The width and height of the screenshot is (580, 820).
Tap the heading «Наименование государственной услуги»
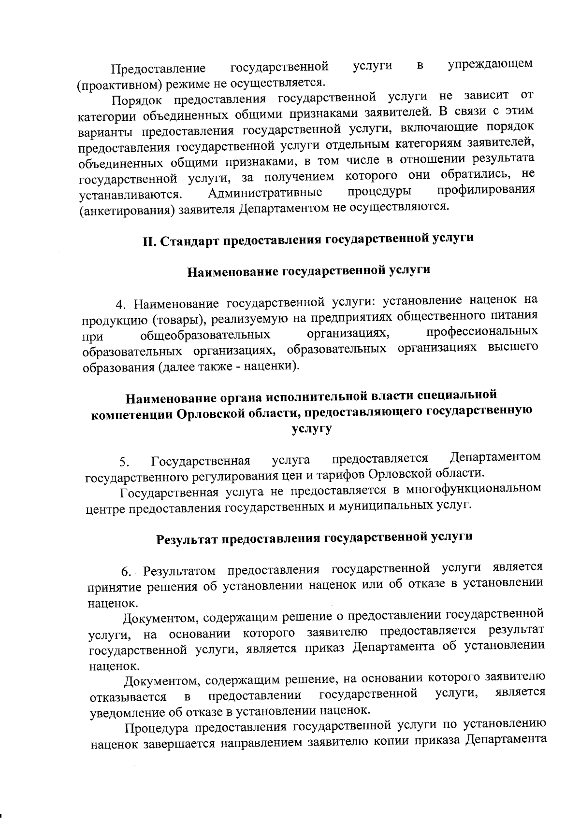pos(308,271)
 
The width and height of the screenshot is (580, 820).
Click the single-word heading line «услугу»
pos(312,428)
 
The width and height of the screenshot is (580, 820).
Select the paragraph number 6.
pos(126,573)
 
